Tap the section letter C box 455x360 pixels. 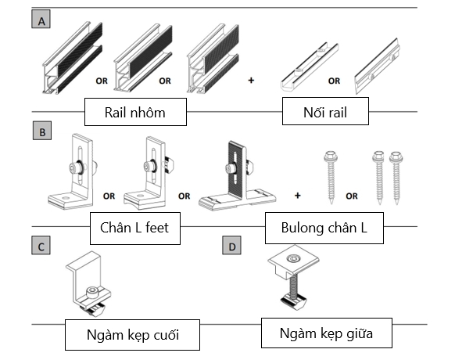click(41, 245)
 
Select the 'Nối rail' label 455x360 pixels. click(325, 112)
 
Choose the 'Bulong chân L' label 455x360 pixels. click(326, 228)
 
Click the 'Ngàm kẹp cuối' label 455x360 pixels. click(131, 335)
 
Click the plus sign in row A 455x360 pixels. click(251, 79)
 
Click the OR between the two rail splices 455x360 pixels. click(334, 80)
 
